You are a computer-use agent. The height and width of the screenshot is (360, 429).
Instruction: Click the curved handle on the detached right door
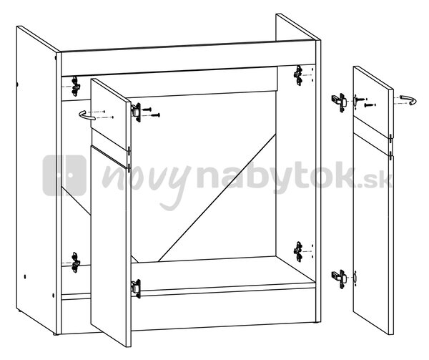pyautogui.click(x=409, y=99)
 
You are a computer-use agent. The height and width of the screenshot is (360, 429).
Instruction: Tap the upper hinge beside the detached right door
pyautogui.click(x=339, y=102)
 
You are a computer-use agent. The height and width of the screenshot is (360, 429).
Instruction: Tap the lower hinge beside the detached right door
pyautogui.click(x=339, y=278)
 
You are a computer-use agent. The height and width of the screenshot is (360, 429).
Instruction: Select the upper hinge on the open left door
pyautogui.click(x=137, y=112)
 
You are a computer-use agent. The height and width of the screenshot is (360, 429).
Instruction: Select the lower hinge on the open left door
pyautogui.click(x=136, y=288)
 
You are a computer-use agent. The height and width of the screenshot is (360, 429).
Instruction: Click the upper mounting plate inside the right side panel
pyautogui.click(x=298, y=75)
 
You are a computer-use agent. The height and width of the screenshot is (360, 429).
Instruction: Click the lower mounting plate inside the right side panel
pyautogui.click(x=298, y=252)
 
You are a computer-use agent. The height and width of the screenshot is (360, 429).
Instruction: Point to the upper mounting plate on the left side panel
pyautogui.click(x=76, y=87)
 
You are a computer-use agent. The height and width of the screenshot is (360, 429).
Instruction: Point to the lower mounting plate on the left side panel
pyautogui.click(x=76, y=263)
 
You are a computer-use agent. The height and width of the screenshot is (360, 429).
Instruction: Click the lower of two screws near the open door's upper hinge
pyautogui.click(x=155, y=115)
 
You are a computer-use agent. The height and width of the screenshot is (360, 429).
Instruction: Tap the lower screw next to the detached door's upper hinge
pyautogui.click(x=370, y=104)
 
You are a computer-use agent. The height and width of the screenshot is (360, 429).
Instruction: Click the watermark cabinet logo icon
pyautogui.click(x=64, y=175)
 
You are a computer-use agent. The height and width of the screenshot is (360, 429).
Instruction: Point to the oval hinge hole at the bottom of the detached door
pyautogui.click(x=355, y=278)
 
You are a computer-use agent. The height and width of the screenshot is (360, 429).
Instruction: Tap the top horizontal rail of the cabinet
pyautogui.click(x=188, y=58)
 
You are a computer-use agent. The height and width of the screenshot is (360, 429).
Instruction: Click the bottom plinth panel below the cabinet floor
pyautogui.click(x=189, y=311)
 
